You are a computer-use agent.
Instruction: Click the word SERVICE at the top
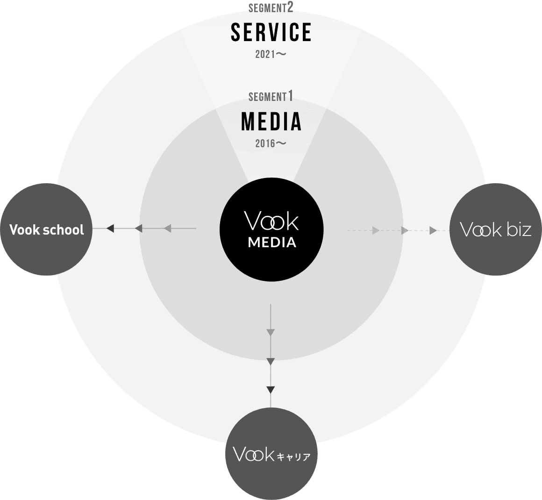pyautogui.click(x=271, y=32)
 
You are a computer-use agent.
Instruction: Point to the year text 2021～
pyautogui.click(x=271, y=54)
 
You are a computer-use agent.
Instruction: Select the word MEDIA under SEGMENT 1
pyautogui.click(x=271, y=121)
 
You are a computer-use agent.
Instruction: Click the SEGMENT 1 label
pyautogui.click(x=271, y=97)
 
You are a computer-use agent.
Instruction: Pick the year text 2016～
pyautogui.click(x=271, y=143)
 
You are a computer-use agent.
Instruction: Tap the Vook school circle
pyautogui.click(x=47, y=229)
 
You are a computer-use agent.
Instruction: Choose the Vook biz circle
pyautogui.click(x=495, y=230)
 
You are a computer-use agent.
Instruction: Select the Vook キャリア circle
pyautogui.click(x=271, y=454)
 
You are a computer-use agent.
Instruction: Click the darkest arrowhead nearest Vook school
pyautogui.click(x=110, y=229)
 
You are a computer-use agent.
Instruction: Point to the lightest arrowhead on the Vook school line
pyautogui.click(x=167, y=229)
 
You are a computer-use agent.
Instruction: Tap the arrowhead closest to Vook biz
pyautogui.click(x=433, y=230)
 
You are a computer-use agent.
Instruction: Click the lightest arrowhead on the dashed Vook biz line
pyautogui.click(x=376, y=230)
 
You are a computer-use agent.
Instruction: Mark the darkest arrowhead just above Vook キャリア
pyautogui.click(x=271, y=390)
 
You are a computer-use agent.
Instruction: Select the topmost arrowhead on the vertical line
pyautogui.click(x=271, y=333)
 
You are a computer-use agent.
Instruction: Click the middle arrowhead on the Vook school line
pyautogui.click(x=138, y=229)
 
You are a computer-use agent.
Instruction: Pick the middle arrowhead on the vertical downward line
pyautogui.click(x=271, y=361)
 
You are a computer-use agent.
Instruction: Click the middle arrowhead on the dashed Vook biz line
pyautogui.click(x=405, y=230)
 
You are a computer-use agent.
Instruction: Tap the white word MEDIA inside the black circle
pyautogui.click(x=271, y=243)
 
